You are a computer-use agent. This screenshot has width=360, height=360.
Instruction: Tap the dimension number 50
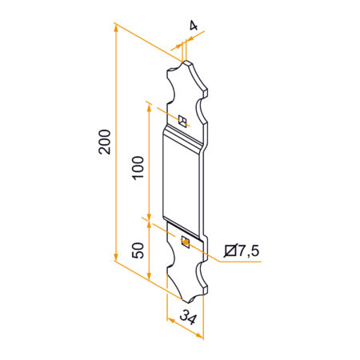tap(138, 249)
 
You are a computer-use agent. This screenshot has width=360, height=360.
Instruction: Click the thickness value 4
tap(193, 26)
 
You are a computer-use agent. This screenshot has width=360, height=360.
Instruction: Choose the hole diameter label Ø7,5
tap(242, 252)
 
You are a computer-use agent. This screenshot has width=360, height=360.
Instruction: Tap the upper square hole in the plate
tap(182, 122)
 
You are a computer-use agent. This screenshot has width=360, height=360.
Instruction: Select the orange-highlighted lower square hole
tap(185, 240)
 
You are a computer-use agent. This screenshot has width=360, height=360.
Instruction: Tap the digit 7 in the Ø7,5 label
tap(240, 252)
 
